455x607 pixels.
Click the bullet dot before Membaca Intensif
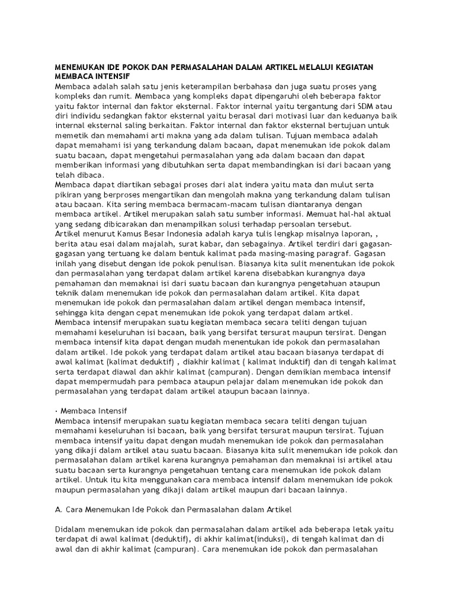click(56, 410)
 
